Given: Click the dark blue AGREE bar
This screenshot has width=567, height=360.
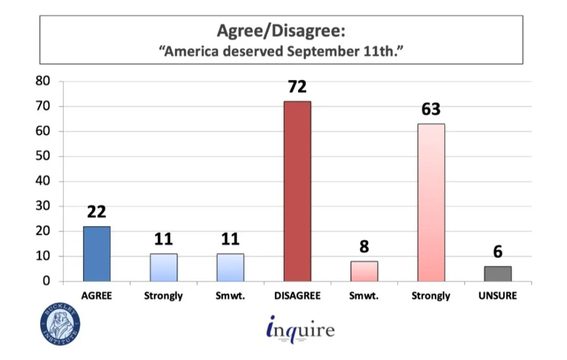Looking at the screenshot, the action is [x=97, y=254].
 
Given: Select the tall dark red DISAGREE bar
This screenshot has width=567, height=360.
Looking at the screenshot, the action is [x=297, y=191].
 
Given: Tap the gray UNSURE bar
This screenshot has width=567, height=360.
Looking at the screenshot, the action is [x=498, y=273].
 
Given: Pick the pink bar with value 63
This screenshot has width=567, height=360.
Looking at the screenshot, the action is [x=431, y=203].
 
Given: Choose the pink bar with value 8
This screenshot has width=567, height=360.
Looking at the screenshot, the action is [x=364, y=271].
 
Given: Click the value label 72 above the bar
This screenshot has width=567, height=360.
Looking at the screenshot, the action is [x=297, y=87].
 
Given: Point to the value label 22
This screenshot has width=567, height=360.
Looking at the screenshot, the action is [x=97, y=212].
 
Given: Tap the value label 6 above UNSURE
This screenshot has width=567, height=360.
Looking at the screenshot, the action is [x=498, y=252].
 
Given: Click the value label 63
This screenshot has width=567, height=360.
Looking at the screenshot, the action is [x=431, y=109].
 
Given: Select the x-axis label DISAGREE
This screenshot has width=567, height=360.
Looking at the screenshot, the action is [x=297, y=295].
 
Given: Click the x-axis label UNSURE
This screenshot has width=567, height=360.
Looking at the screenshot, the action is [x=498, y=295].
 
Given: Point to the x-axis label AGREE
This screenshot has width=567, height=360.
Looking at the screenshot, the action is [x=97, y=295].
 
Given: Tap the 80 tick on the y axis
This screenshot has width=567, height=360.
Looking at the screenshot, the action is [x=43, y=81].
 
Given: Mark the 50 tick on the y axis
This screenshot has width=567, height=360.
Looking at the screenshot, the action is [x=43, y=156].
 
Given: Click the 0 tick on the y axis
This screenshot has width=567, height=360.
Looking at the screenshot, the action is [x=46, y=281].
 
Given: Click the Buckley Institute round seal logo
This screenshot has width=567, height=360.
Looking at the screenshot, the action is [x=60, y=324].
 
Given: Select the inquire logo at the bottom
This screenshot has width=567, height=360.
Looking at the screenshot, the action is [x=300, y=329].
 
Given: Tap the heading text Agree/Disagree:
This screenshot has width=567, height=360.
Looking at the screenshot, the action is [x=281, y=31].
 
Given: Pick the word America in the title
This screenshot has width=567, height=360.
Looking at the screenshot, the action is [x=191, y=51].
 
